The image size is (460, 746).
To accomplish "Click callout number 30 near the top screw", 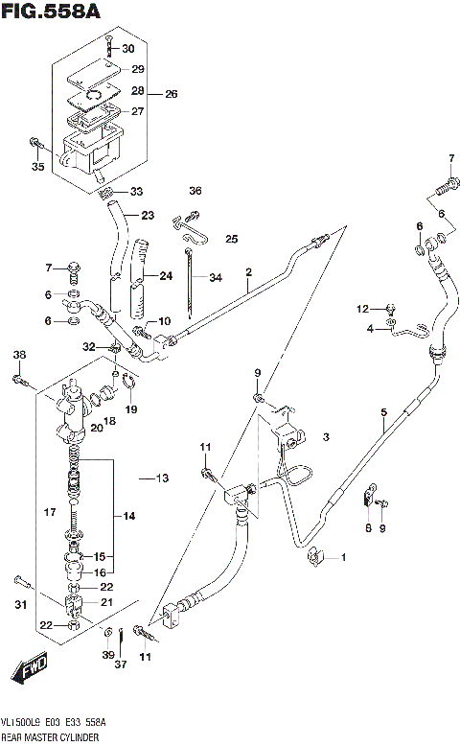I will [128, 49].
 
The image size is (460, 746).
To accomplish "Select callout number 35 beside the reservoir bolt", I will [38, 167].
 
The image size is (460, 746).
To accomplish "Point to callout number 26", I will [172, 94].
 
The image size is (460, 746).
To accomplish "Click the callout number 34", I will [216, 278].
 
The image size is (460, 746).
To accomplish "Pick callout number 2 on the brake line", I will [247, 272].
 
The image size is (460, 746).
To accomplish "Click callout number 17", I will [51, 512].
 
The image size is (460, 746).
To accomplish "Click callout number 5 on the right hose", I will [383, 413].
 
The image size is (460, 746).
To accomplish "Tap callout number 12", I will [362, 308].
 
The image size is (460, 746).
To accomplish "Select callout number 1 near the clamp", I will [346, 557].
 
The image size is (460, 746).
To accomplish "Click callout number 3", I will [326, 437].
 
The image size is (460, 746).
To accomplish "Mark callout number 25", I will [231, 238].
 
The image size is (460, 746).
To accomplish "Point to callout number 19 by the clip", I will [131, 409].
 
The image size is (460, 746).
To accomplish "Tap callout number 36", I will [195, 191].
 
